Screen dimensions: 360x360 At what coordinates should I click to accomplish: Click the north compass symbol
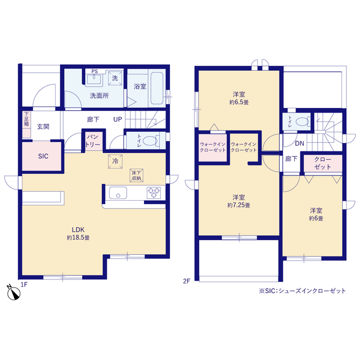tap(13, 292)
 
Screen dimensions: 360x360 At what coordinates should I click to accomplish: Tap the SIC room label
tap(43, 156)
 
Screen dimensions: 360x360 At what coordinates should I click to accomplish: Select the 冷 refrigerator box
tap(115, 161)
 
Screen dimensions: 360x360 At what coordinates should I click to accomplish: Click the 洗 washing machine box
tap(115, 78)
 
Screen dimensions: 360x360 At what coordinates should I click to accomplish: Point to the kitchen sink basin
tap(118, 193)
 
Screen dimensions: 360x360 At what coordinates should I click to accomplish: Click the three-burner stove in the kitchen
tap(154, 193)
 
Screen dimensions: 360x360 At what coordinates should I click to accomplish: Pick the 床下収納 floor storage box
tap(136, 175)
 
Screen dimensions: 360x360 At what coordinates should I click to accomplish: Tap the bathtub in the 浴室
tap(157, 88)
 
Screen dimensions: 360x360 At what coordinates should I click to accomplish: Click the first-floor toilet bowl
tap(150, 141)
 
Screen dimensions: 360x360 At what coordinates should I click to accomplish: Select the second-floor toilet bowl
tap(302, 121)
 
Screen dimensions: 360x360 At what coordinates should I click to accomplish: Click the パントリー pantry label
tap(93, 141)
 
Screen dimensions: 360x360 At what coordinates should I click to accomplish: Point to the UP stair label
tap(118, 119)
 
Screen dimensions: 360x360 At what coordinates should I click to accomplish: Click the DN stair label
tap(299, 144)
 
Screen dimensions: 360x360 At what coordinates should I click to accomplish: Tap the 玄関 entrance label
tap(43, 127)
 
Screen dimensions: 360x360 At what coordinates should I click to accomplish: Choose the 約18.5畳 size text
tap(78, 237)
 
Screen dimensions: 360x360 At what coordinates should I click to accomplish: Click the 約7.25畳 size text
tap(238, 205)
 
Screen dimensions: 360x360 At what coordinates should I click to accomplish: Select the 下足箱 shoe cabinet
tap(26, 125)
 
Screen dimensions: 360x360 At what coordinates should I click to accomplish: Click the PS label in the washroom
tap(94, 71)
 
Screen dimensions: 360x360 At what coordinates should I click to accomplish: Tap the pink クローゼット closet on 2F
tap(323, 163)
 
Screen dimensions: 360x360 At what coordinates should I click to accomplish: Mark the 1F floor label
tap(24, 285)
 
